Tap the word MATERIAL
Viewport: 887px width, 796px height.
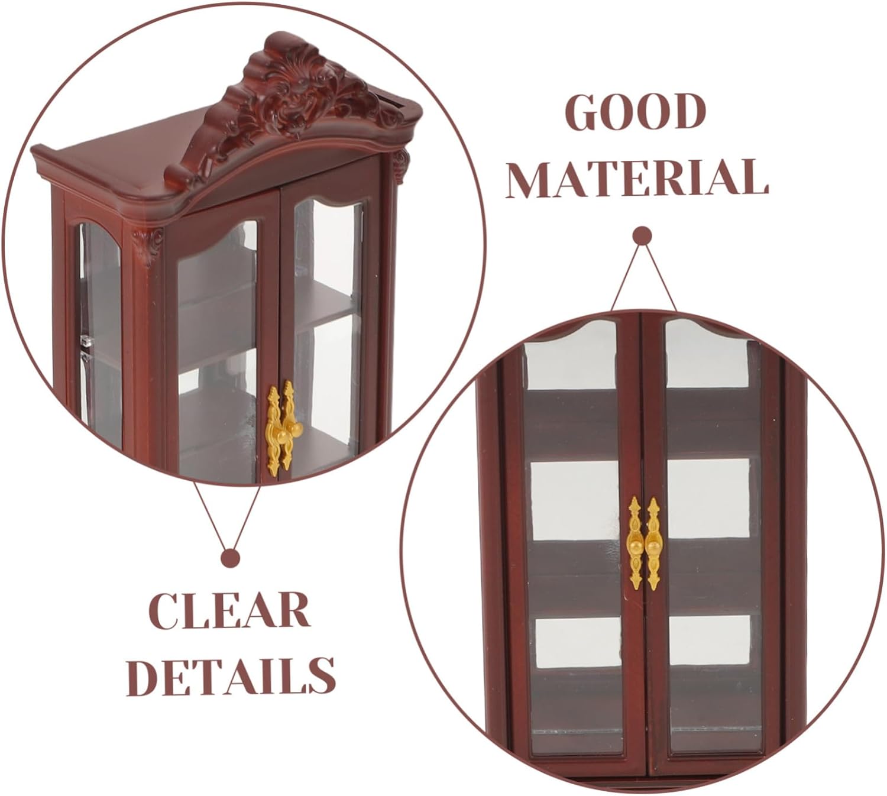[637, 177]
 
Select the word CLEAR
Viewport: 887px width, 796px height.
[229, 610]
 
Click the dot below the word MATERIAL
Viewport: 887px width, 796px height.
[642, 237]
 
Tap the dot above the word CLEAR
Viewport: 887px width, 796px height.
[229, 558]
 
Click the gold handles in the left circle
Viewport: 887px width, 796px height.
[280, 428]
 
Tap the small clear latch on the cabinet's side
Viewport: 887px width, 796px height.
[86, 342]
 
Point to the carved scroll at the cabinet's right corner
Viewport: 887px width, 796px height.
[401, 160]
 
